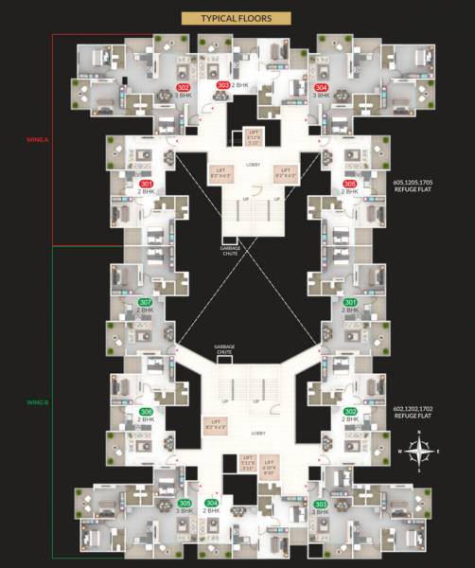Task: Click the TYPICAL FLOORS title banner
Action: pos(237,17)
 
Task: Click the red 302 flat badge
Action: pos(184,87)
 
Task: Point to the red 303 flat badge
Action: pos(223,86)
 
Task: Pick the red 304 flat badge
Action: pos(322,87)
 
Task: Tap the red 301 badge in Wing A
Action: pos(146,184)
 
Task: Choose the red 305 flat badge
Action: pos(350,184)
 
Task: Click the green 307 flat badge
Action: pos(146,303)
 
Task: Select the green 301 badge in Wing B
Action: pos(350,303)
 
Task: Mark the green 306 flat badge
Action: pos(146,412)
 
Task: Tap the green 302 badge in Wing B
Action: pos(350,412)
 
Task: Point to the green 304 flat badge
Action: pos(212,503)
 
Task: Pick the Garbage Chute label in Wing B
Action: pos(224,349)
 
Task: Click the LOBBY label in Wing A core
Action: pos(253,164)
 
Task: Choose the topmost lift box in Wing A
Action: pos(253,136)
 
